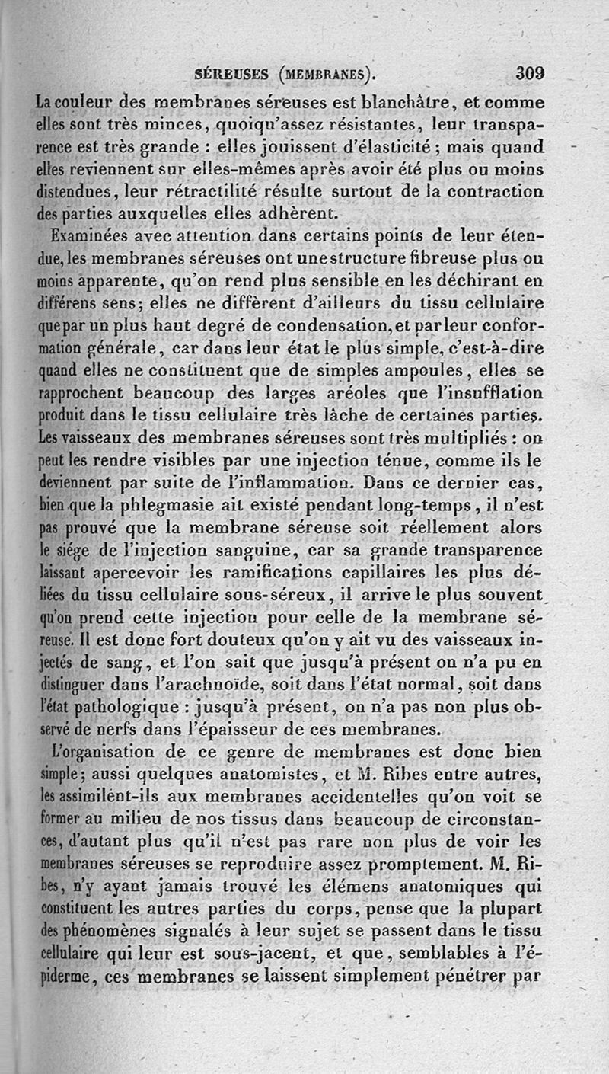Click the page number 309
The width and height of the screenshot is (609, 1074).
(531, 74)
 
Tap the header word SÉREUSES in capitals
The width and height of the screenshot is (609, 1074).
(231, 75)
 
